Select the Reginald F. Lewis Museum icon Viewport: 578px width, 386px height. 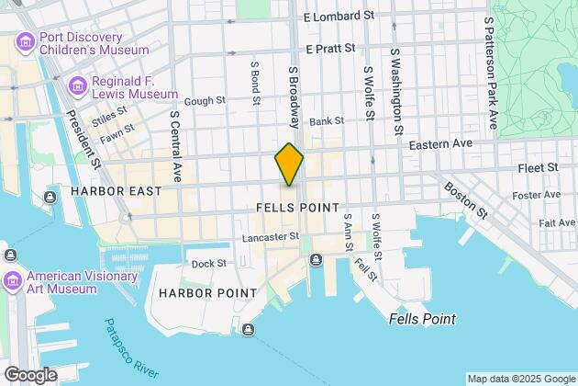pos(77,86)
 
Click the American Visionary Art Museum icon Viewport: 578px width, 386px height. pos(12,279)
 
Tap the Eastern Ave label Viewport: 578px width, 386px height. pos(439,144)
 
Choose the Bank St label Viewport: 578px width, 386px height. pos(326,120)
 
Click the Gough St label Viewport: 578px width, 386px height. pos(205,102)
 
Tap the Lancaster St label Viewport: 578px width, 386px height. pos(271,236)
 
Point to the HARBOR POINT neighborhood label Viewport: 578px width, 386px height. pos(197,292)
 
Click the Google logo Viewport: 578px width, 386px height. pos(29,375)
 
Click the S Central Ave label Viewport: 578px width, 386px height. pos(175,146)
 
